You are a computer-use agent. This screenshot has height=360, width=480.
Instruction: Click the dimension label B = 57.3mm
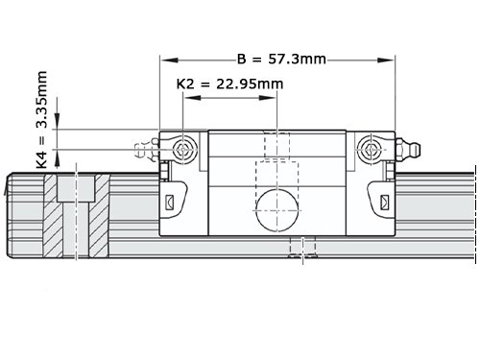281,60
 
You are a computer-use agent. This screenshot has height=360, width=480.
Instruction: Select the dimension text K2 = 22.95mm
229,84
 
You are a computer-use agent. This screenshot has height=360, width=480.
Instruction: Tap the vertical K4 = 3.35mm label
42,120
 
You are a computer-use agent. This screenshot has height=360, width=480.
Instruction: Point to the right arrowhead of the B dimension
386,60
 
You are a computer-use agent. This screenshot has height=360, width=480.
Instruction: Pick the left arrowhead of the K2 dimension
193,98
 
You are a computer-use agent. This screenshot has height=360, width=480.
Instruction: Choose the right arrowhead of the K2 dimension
267,98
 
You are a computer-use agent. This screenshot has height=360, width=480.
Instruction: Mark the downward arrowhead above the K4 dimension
57,121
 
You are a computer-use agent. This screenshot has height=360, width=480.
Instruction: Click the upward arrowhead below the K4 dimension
57,158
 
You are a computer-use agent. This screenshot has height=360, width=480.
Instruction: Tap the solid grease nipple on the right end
408,149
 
